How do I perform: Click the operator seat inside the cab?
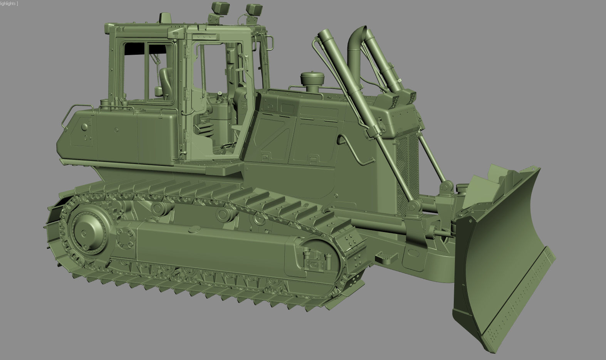165,83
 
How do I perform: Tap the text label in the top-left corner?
9,3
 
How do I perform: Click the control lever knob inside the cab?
219,93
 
